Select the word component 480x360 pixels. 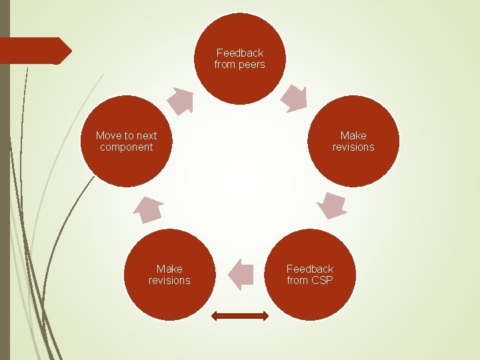[127, 147]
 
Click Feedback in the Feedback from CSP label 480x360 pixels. [310, 269]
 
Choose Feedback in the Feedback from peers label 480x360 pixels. [240, 53]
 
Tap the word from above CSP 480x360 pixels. [297, 281]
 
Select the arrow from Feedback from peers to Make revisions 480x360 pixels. [294, 99]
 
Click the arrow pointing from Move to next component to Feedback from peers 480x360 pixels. [181, 101]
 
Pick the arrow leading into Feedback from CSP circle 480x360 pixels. [331, 206]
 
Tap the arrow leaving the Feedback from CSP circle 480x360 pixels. [241, 274]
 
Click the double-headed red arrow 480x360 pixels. [240, 316]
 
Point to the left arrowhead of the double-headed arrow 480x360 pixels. [216, 316]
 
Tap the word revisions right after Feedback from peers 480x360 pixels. [353, 147]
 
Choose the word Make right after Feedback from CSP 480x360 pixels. [169, 269]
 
